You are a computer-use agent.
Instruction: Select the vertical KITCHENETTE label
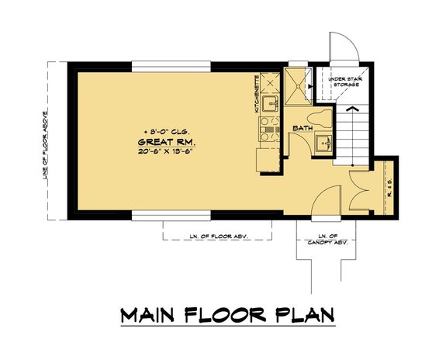click(x=258, y=95)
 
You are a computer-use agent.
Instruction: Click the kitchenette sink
click(x=268, y=102)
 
